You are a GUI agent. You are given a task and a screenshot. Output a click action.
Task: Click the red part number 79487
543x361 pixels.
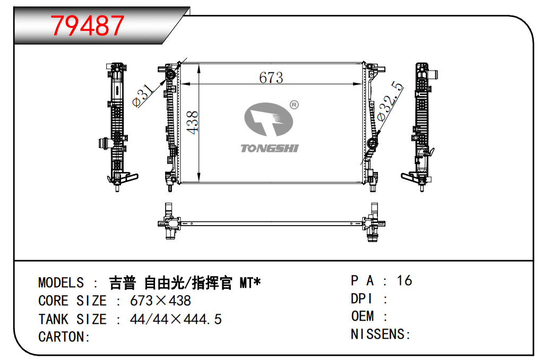[x=88, y=25]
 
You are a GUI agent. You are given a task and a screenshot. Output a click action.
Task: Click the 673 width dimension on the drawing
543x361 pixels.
[x=271, y=78]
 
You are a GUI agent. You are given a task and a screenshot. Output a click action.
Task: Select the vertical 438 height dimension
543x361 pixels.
[x=192, y=122]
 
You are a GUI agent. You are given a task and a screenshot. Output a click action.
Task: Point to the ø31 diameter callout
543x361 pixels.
[x=143, y=95]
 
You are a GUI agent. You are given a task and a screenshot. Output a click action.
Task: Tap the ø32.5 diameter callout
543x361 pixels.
[x=390, y=101]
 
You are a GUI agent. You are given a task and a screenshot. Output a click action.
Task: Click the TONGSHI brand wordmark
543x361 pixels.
[x=270, y=148]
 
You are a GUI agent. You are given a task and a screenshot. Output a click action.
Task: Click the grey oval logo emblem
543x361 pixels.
[x=269, y=119]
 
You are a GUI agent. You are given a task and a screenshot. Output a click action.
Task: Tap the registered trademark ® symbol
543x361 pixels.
[x=294, y=105]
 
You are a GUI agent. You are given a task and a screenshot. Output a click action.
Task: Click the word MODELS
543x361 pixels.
[x=61, y=283]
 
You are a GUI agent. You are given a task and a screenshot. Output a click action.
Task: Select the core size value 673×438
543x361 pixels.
[x=160, y=300]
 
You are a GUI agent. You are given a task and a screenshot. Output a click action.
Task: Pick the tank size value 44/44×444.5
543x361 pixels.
[x=176, y=319]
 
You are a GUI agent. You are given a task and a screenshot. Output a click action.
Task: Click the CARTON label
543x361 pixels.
[x=64, y=337]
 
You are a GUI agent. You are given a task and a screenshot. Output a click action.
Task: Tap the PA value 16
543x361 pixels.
[x=404, y=281]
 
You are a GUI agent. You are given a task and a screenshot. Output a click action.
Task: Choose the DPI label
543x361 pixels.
[x=362, y=299]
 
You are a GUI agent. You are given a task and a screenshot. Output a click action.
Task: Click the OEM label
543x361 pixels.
[x=363, y=316]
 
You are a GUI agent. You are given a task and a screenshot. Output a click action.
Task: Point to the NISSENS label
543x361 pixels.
[x=381, y=334]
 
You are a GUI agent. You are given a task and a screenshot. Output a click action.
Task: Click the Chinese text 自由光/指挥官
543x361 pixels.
[x=188, y=283]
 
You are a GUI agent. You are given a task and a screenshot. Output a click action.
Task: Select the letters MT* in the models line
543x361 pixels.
[x=250, y=283]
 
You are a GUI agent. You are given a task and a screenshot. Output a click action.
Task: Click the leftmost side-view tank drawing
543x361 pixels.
[x=118, y=127]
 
